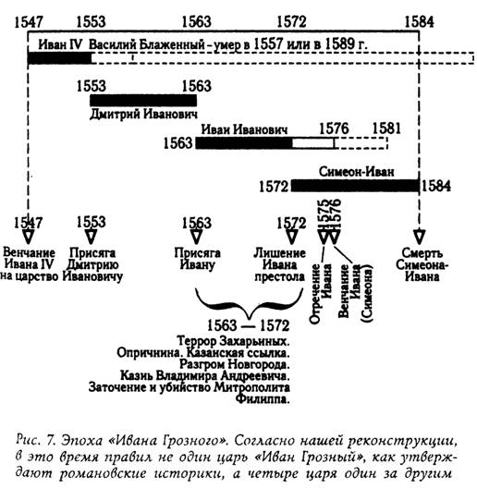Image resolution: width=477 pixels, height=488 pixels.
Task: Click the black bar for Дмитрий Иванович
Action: click(x=143, y=100)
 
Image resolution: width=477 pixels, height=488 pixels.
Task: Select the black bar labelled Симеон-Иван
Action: click(x=355, y=186)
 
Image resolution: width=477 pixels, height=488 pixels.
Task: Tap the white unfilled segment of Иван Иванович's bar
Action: click(x=312, y=143)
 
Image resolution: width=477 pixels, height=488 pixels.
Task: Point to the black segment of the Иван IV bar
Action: click(x=59, y=58)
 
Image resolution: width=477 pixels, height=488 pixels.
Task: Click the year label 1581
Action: click(x=386, y=128)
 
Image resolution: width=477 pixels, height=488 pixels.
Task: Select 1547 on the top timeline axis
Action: click(x=29, y=22)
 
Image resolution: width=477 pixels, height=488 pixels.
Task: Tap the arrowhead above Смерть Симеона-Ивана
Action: click(x=419, y=237)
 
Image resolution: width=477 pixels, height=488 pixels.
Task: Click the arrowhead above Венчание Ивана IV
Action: click(x=29, y=237)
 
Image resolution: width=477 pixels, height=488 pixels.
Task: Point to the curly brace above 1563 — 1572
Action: click(x=249, y=308)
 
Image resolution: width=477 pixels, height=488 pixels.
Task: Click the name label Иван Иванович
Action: click(x=244, y=129)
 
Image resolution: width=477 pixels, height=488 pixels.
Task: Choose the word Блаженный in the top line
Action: click(x=172, y=44)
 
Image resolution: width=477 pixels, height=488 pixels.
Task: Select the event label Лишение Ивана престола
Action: click(x=279, y=264)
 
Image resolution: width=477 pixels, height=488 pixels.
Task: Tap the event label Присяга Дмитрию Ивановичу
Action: click(x=92, y=264)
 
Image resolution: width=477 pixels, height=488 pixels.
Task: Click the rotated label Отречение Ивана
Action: click(x=321, y=294)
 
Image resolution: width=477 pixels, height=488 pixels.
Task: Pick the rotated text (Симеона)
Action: click(x=366, y=294)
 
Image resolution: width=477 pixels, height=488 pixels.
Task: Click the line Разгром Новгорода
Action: click(x=235, y=364)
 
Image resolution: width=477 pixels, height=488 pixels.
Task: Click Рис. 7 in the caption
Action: click(x=36, y=440)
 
